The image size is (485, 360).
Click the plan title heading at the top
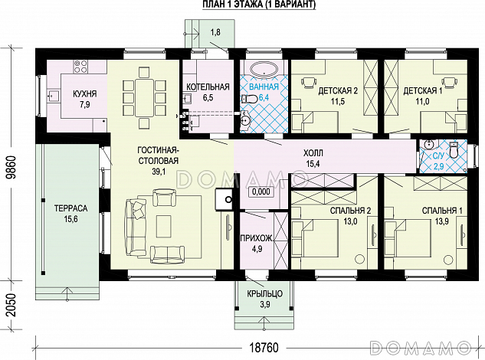pyautogui.click(x=259, y=5)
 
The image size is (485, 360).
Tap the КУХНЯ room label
pyautogui.click(x=85, y=93)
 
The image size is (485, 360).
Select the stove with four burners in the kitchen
pyautogui.click(x=80, y=67)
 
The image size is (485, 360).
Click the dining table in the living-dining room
pyautogui.click(x=145, y=98)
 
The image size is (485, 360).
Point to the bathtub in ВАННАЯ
pyautogui.click(x=264, y=69)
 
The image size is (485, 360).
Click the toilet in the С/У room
pyautogui.click(x=454, y=150)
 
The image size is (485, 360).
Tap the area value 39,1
pyautogui.click(x=159, y=172)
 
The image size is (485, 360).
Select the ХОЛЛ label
pyautogui.click(x=313, y=152)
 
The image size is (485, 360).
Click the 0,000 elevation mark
pyautogui.click(x=261, y=191)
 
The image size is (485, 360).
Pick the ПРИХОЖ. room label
pyautogui.click(x=257, y=238)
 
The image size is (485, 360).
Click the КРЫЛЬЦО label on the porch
pyautogui.click(x=265, y=293)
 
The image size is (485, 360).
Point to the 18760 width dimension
pyautogui.click(x=264, y=348)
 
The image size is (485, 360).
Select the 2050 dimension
pyautogui.click(x=11, y=305)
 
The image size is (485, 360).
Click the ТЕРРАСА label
pyautogui.click(x=70, y=208)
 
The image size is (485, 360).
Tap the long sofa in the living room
pyautogui.click(x=135, y=227)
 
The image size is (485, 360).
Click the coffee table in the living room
pyautogui.click(x=164, y=226)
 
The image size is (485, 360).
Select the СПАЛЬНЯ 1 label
pyautogui.click(x=442, y=211)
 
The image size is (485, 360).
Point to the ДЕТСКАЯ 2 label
pyautogui.click(x=338, y=90)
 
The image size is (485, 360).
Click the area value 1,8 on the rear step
pyautogui.click(x=215, y=32)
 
